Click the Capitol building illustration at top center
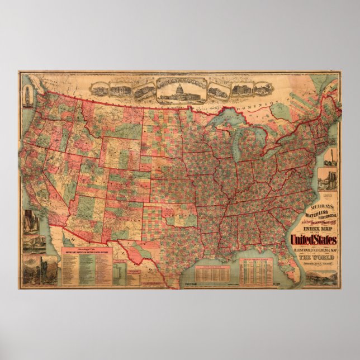coord(180,89)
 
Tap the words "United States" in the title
coord(312,240)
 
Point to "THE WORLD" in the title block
coord(313,258)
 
